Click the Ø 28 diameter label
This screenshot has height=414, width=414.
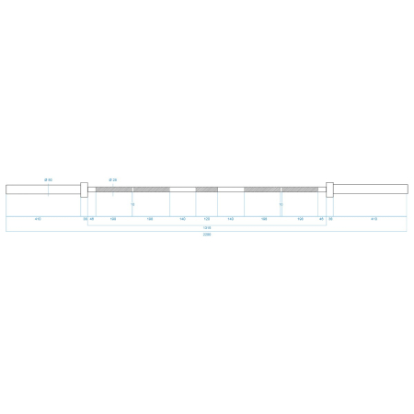(x=111, y=179)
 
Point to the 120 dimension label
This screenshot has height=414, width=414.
(x=206, y=220)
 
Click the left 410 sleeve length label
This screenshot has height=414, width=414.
(x=38, y=220)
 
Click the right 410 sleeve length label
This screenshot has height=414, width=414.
(x=373, y=220)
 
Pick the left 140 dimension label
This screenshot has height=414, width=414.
(x=183, y=220)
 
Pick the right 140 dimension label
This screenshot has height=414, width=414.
(x=230, y=220)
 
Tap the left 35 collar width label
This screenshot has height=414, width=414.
(x=85, y=220)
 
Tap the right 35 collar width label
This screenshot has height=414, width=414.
(x=329, y=220)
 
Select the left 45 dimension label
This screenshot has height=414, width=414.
(x=93, y=220)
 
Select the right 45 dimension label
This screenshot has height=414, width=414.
(x=321, y=220)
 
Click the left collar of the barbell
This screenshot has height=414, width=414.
(x=85, y=190)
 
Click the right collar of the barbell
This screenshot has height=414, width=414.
(x=328, y=190)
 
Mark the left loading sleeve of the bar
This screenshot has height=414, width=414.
(x=42, y=190)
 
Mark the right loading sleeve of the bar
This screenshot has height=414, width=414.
(x=371, y=190)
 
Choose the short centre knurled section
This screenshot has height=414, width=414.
(x=206, y=190)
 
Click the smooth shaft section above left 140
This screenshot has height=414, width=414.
(x=183, y=190)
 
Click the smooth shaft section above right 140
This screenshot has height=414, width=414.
(x=230, y=190)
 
